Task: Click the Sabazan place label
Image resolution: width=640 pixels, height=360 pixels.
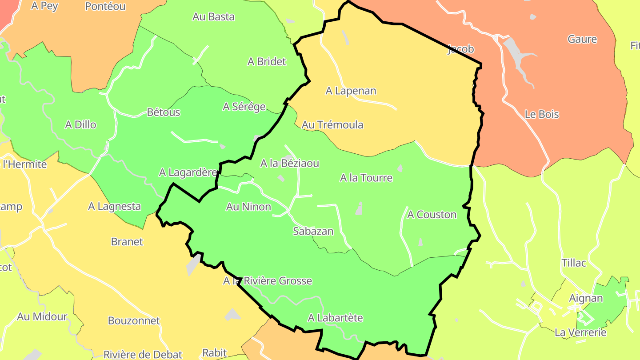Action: [313, 231]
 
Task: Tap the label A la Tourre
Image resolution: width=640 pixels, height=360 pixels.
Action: [366, 178]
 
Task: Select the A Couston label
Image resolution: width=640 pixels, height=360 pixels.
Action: [432, 215]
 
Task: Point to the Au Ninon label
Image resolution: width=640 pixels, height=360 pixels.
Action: [248, 207]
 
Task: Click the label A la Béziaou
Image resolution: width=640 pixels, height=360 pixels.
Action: [289, 163]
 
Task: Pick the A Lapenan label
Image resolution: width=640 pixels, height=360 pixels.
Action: [351, 91]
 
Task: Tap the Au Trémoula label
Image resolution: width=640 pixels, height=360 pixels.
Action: [332, 125]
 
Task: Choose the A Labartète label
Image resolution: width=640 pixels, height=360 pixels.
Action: [335, 318]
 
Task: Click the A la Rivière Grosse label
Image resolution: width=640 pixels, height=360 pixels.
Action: [268, 281]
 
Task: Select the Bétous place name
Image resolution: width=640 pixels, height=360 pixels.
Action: [164, 112]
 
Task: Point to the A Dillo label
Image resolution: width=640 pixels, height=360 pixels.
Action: [80, 124]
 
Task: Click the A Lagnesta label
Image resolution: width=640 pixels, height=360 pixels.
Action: [114, 206]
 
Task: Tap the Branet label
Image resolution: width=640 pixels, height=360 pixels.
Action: [127, 242]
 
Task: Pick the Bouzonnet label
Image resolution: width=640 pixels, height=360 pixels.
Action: [134, 320]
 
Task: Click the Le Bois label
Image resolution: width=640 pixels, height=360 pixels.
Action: [542, 114]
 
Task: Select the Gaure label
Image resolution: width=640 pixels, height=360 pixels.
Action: [582, 39]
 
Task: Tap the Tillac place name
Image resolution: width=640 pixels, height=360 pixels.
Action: [574, 263]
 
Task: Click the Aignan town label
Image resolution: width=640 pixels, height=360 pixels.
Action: [586, 298]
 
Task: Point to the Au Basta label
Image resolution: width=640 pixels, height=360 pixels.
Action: [213, 17]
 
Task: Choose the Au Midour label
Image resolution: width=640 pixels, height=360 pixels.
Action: [42, 317]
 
